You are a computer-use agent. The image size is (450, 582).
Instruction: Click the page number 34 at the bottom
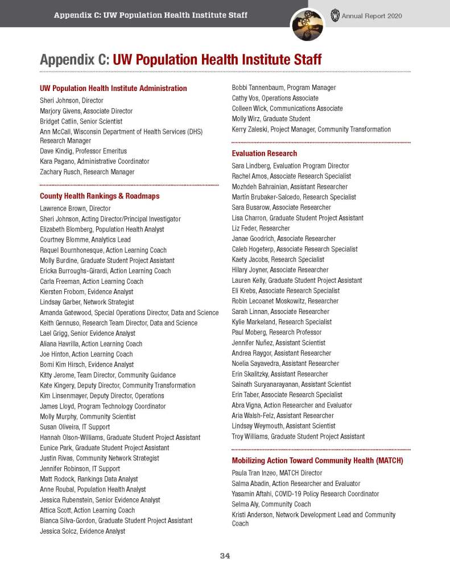(225, 556)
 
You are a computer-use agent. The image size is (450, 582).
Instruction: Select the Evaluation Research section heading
(264, 153)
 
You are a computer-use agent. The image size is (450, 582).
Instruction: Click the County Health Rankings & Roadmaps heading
(100, 196)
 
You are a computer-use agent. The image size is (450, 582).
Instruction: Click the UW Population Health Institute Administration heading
(113, 88)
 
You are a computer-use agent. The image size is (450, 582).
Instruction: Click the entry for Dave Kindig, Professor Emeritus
(83, 151)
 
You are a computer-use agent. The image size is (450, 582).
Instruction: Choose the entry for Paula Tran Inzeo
(276, 473)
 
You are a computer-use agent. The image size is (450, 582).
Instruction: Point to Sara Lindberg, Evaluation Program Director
(290, 166)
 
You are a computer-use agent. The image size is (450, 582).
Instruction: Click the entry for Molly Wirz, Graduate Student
(271, 119)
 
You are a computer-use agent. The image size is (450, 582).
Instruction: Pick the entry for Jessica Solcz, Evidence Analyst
(82, 531)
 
